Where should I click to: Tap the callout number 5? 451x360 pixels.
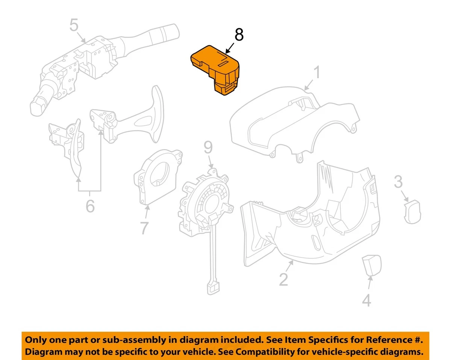tap(74, 26)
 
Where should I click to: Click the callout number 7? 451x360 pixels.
tap(144, 228)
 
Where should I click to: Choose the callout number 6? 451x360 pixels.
tap(90, 206)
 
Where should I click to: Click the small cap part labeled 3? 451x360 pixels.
tap(412, 211)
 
